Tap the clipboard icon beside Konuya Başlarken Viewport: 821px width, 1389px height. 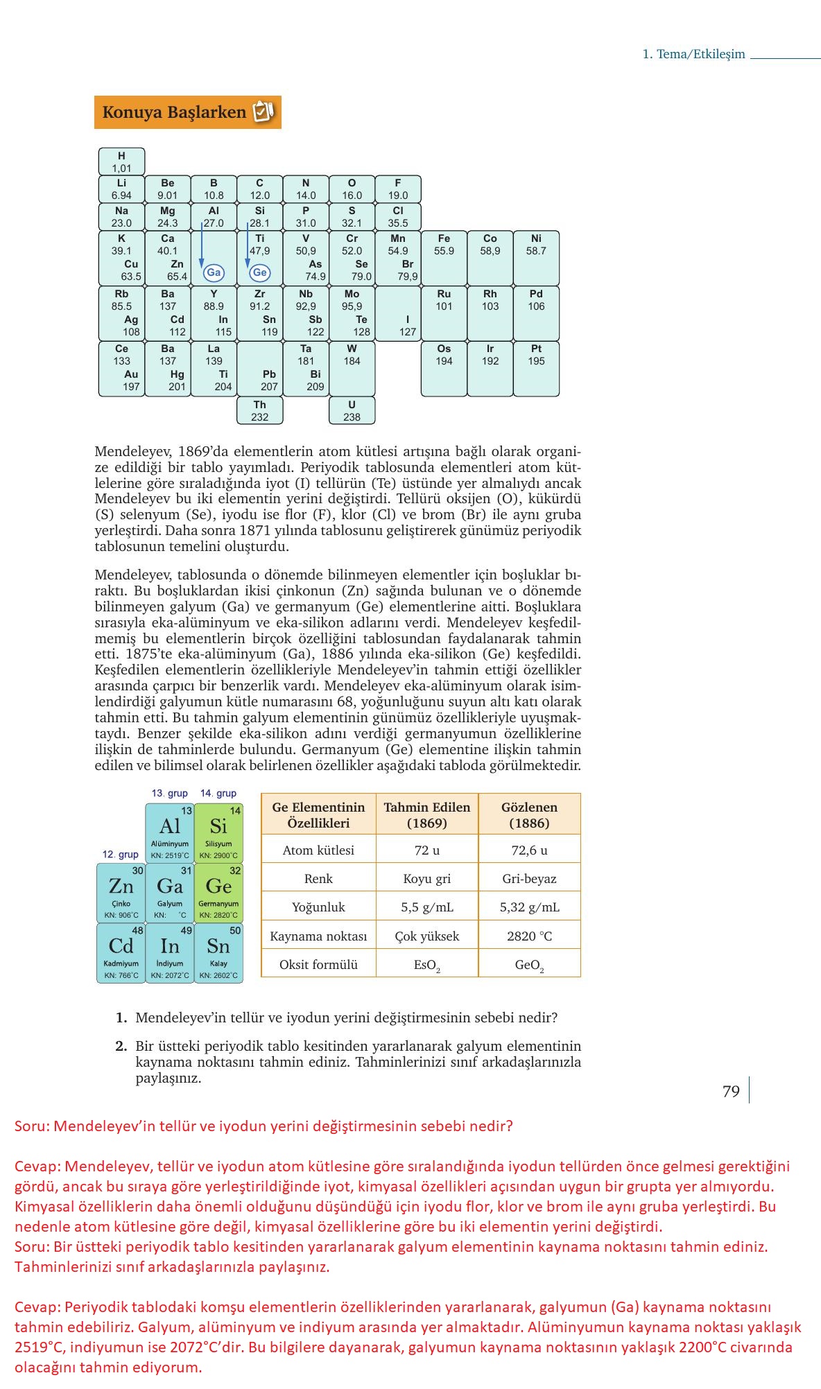(263, 112)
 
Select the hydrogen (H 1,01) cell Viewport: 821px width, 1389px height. (121, 161)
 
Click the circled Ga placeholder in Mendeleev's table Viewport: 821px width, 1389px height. (214, 272)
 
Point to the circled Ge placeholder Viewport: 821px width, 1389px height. (259, 272)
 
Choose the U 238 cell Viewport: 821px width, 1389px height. (352, 410)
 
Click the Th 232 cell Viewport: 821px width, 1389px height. (260, 410)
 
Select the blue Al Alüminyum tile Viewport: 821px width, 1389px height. (170, 832)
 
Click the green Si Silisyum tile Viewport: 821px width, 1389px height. (218, 832)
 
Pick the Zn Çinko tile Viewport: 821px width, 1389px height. (121, 893)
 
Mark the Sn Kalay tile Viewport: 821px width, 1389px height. (218, 952)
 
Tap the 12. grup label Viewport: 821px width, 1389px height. (120, 854)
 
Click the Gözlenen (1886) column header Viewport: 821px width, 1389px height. (529, 814)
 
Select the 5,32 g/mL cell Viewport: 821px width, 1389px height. (529, 907)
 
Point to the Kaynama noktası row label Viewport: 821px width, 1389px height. (318, 936)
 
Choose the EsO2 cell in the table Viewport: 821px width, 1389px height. (427, 965)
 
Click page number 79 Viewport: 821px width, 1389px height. (731, 1091)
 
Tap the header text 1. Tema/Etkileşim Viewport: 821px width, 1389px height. (693, 54)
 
